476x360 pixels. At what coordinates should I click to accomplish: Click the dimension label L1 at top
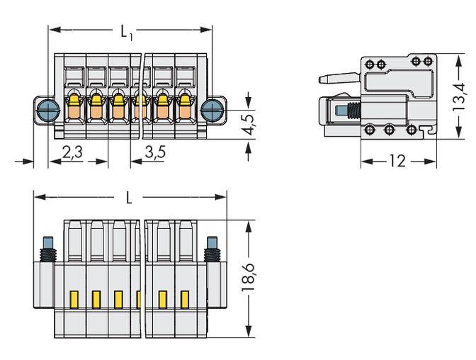pyautogui.click(x=127, y=30)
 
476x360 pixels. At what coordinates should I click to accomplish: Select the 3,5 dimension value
pyautogui.click(x=155, y=151)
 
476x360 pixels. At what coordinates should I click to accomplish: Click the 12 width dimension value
pyautogui.click(x=397, y=162)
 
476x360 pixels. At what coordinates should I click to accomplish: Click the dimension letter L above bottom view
pyautogui.click(x=128, y=198)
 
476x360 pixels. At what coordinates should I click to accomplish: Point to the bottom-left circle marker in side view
pyautogui.click(x=369, y=130)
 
